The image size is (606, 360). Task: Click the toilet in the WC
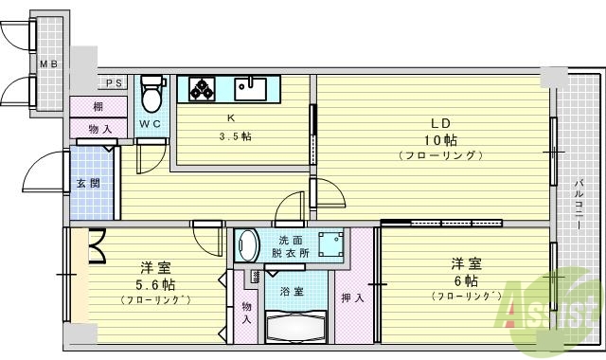coord(150,96)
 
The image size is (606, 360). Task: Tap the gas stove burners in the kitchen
coord(203,90)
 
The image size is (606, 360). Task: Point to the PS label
coord(114,83)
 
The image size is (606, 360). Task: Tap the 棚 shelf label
coord(98,106)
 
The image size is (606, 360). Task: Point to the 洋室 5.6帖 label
coord(154,277)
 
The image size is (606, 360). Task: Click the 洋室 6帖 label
coord(465,274)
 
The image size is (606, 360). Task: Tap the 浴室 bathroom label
coord(291,292)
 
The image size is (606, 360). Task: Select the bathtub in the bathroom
coord(295,330)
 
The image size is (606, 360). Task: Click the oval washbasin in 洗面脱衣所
coord(248,245)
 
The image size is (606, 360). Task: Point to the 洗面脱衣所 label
coord(291,246)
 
